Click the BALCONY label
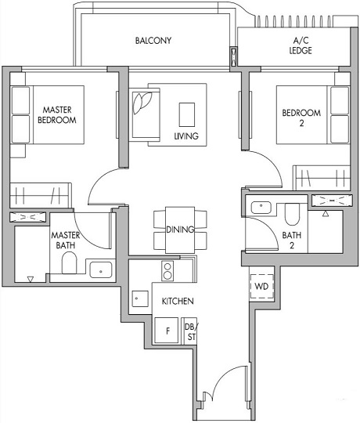(x=153, y=41)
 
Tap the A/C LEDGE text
(x=302, y=45)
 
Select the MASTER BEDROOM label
(x=59, y=115)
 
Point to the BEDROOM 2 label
(x=301, y=118)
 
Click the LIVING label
(x=185, y=136)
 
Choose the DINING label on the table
(x=181, y=230)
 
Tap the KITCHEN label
(x=178, y=301)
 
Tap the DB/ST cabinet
(x=189, y=331)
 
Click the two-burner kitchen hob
(x=167, y=271)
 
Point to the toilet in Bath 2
(x=290, y=213)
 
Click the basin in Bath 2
(x=260, y=208)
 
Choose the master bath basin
(x=101, y=271)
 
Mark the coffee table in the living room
(x=187, y=114)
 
